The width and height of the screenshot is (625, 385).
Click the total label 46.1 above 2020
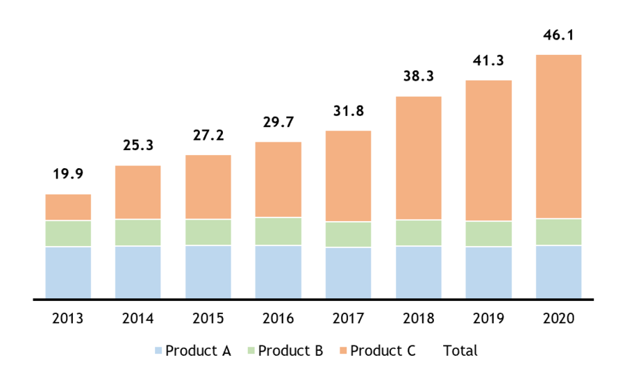pyautogui.click(x=558, y=35)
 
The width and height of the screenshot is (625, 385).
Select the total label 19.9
pyautogui.click(x=68, y=174)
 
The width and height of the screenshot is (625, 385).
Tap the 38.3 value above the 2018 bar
pyautogui.click(x=418, y=76)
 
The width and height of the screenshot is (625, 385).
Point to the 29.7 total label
pyautogui.click(x=278, y=122)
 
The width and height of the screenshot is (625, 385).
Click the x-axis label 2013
pyautogui.click(x=68, y=319)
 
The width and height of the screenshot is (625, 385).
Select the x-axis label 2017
pyautogui.click(x=348, y=319)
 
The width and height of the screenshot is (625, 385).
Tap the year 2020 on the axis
pyautogui.click(x=558, y=319)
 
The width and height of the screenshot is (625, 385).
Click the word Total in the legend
pyautogui.click(x=460, y=351)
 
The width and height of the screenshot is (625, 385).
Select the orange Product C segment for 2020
pyautogui.click(x=558, y=136)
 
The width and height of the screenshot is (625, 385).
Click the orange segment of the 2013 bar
pyautogui.click(x=68, y=207)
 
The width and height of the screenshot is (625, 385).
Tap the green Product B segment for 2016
pyautogui.click(x=278, y=231)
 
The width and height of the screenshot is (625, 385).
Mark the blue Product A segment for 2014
pyautogui.click(x=138, y=272)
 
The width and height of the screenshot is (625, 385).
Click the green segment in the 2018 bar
pyautogui.click(x=418, y=233)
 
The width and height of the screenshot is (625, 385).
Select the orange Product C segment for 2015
pyautogui.click(x=208, y=187)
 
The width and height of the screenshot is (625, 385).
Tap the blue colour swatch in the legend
pyautogui.click(x=159, y=351)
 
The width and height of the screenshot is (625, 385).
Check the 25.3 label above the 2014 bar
pyautogui.click(x=138, y=146)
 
